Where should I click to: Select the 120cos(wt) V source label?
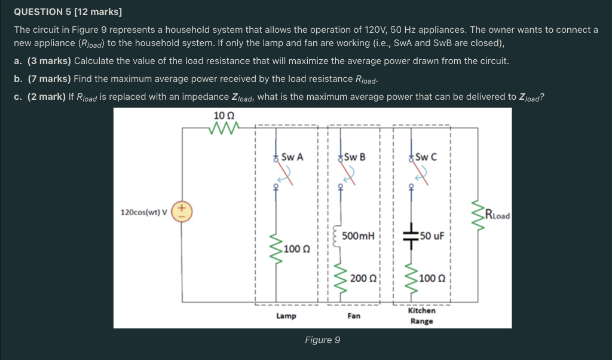point(144,212)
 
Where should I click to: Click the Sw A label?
point(292,157)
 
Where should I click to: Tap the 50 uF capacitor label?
point(432,236)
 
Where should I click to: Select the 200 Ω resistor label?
point(363,277)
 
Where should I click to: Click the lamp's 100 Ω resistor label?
point(297,248)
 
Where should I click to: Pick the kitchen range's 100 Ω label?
point(432,277)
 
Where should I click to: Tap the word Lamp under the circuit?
point(286,315)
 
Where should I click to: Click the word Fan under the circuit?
point(353,315)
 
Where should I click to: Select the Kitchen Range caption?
point(421,316)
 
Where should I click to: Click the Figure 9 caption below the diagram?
point(322,340)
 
